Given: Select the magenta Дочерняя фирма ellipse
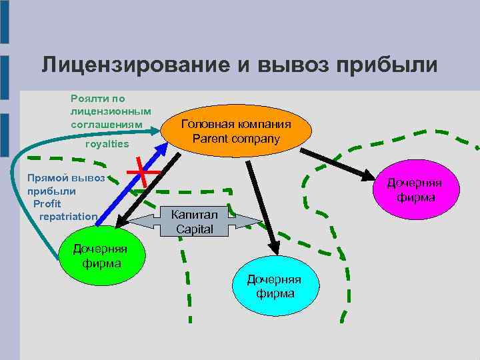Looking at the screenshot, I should click(x=417, y=189).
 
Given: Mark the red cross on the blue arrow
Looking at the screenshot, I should click(x=143, y=173).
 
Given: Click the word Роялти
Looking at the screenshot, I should click(x=89, y=98).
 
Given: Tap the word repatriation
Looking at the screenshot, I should click(x=69, y=217).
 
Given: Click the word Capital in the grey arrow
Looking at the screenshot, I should click(x=194, y=229).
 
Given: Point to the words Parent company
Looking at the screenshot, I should click(x=237, y=139).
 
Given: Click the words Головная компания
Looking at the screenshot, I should click(x=236, y=125).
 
